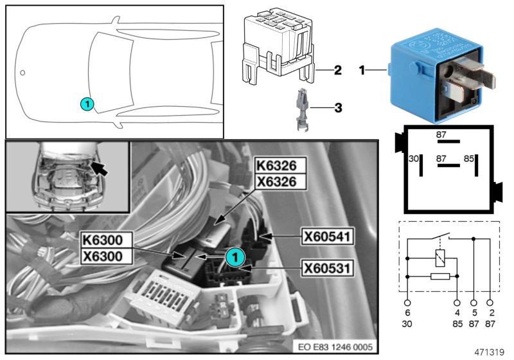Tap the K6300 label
[x=106, y=241]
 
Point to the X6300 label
[x=106, y=256]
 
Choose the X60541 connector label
[x=326, y=238]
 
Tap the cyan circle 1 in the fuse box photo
[x=235, y=257]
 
